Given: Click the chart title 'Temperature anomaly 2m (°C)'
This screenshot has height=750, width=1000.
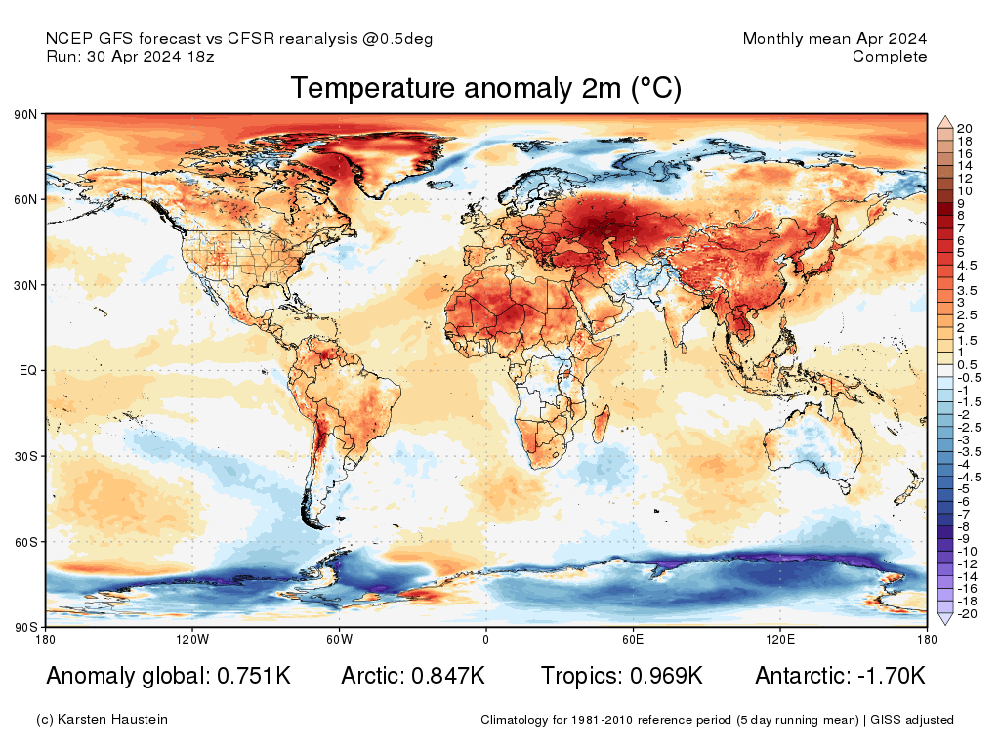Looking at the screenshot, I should point(485,89).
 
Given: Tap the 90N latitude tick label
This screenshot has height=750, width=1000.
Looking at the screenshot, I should point(25,115).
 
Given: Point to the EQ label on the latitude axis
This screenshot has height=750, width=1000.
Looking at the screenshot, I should point(27,371).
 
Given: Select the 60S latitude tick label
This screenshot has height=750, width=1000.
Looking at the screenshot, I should point(25,541).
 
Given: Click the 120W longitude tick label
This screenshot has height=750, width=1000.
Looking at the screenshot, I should point(191,640).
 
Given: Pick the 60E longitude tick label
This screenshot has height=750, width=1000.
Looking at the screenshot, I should point(632,640).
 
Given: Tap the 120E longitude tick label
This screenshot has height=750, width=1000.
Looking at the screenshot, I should point(778,640).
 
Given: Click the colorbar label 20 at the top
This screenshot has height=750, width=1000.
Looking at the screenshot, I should point(964,128).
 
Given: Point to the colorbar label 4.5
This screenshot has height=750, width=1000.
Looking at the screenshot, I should point(967,265).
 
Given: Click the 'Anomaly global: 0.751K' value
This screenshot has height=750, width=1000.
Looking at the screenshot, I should point(168,676).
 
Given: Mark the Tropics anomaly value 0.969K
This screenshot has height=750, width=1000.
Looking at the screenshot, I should point(666,676).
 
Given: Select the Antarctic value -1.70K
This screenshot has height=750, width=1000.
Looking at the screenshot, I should point(888,676).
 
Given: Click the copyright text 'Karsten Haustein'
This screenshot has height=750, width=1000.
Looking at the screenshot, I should point(115,720).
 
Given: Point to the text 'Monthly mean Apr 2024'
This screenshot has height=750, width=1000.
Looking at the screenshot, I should point(834,39).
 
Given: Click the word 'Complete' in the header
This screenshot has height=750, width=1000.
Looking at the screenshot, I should point(889,57).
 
